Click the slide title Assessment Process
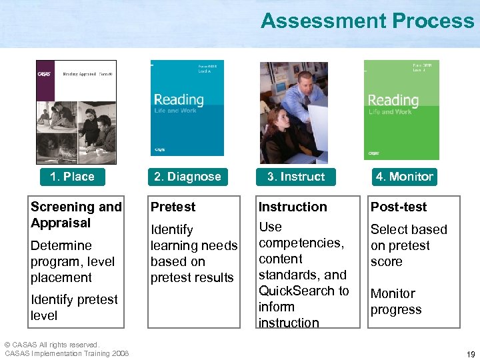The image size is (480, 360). pyautogui.click(x=367, y=21)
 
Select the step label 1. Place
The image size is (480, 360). pyautogui.click(x=72, y=177)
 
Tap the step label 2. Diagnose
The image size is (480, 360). pyautogui.click(x=187, y=177)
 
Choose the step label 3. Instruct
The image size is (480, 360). pyautogui.click(x=295, y=177)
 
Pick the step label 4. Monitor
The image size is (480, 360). pyautogui.click(x=404, y=177)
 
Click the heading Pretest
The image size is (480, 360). pyautogui.click(x=173, y=207)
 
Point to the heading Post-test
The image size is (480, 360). pyautogui.click(x=399, y=207)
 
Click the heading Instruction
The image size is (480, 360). pyautogui.click(x=293, y=207)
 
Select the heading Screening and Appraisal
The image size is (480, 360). pyautogui.click(x=76, y=215)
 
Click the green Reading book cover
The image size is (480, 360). pyautogui.click(x=401, y=110)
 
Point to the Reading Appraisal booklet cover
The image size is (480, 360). pyautogui.click(x=76, y=112)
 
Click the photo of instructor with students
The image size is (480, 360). pyautogui.click(x=294, y=113)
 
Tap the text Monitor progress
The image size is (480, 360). pyautogui.click(x=396, y=301)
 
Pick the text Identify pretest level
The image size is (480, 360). pyautogui.click(x=74, y=307)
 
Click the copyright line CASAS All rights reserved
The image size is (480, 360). pyautogui.click(x=52, y=345)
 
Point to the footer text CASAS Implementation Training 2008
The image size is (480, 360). pyautogui.click(x=67, y=353)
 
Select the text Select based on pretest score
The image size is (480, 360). pyautogui.click(x=408, y=245)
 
